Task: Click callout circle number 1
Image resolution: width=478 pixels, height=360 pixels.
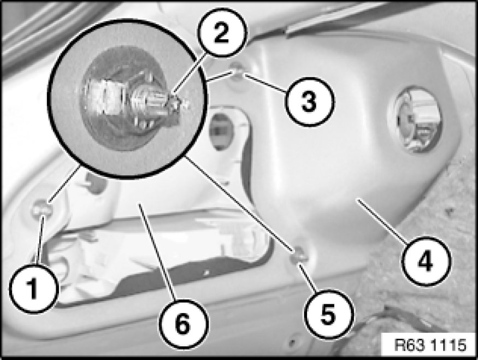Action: [x=33, y=288]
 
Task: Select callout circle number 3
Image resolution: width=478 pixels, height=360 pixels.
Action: [x=309, y=101]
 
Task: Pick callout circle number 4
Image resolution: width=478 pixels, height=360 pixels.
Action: [x=426, y=261]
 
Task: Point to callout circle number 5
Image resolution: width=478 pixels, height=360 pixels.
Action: [x=329, y=314]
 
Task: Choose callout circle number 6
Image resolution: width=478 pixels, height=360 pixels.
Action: [x=184, y=324]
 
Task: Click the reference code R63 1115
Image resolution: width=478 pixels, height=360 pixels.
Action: [x=430, y=345]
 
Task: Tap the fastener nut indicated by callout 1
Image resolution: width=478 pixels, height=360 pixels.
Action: [x=42, y=209]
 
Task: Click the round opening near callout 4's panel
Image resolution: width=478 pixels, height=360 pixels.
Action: [x=415, y=120]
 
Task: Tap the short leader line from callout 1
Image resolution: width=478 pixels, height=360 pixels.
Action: [x=40, y=240]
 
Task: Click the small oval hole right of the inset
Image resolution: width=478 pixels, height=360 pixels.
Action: [x=221, y=132]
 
